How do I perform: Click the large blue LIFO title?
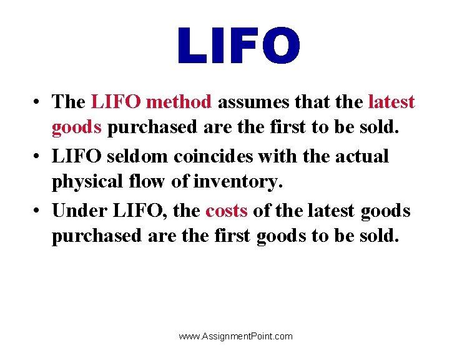click(x=238, y=46)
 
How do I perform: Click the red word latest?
click(x=391, y=101)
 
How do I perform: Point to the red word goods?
click(x=77, y=129)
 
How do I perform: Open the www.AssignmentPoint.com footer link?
click(x=235, y=336)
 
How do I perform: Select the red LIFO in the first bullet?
click(x=116, y=101)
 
